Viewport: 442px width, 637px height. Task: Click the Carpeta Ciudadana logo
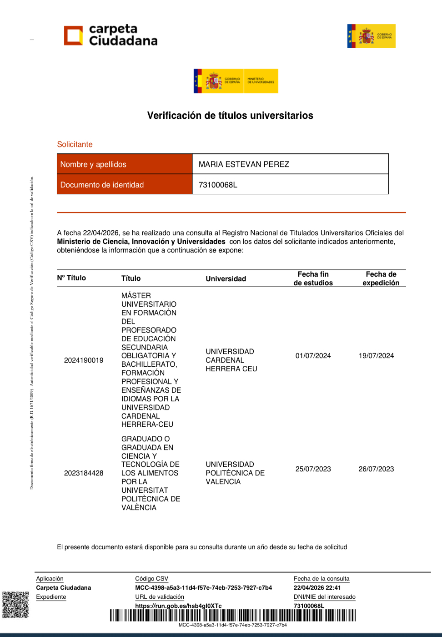pos(110,35)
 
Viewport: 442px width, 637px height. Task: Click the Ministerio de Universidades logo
pos(236,81)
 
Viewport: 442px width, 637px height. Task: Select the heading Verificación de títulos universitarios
pos(230,116)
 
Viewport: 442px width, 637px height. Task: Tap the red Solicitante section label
pos(75,144)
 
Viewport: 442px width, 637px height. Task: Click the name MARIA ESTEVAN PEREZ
pos(244,164)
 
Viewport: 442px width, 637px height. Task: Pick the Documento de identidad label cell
pos(124,185)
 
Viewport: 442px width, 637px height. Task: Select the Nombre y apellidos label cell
pos(124,164)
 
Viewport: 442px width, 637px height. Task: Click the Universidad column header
pos(226,278)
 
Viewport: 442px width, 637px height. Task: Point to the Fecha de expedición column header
pos(381,278)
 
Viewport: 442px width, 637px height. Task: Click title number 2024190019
pos(84,360)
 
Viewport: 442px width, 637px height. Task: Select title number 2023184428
pos(84,473)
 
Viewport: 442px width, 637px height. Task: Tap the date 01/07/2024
pos(313,356)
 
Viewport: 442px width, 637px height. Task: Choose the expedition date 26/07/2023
pos(376,469)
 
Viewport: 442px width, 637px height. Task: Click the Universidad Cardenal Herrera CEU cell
pos(231,360)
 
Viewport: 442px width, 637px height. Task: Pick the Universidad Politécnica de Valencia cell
pos(235,473)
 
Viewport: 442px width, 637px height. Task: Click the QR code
pos(15,605)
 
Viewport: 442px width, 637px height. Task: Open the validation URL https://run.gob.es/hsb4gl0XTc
pos(178,606)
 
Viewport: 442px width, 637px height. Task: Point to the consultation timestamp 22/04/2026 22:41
pos(317,588)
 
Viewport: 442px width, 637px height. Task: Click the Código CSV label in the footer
pos(151,579)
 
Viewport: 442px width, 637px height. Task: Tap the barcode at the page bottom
pos(232,615)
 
